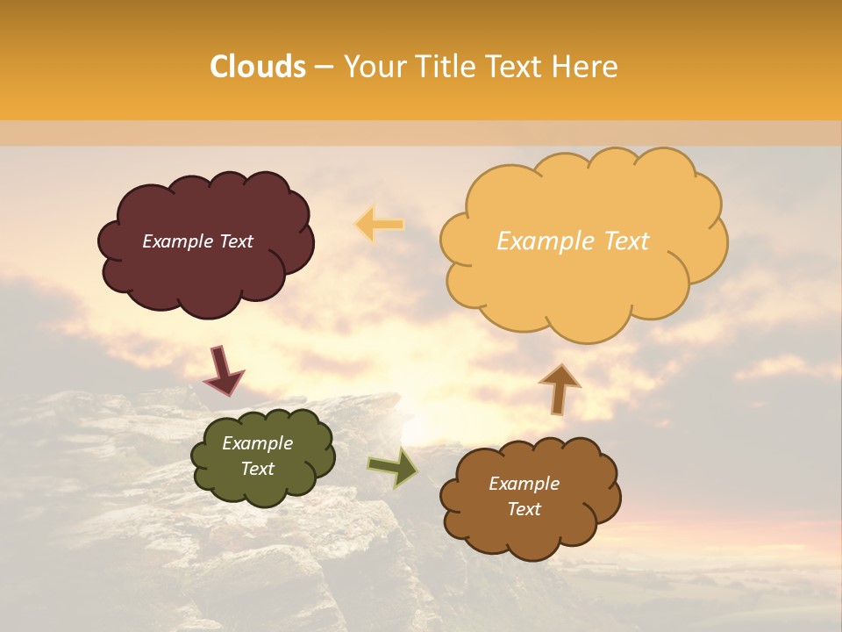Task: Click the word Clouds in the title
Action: coord(258,67)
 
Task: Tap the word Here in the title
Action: coord(586,67)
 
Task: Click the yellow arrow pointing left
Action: coord(380,225)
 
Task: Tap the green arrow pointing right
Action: coord(394,467)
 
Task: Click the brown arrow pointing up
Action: coord(560,387)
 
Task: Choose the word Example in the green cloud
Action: coord(258,443)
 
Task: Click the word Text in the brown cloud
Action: coord(524,509)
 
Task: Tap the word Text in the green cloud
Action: coord(258,469)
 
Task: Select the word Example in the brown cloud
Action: coord(524,484)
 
